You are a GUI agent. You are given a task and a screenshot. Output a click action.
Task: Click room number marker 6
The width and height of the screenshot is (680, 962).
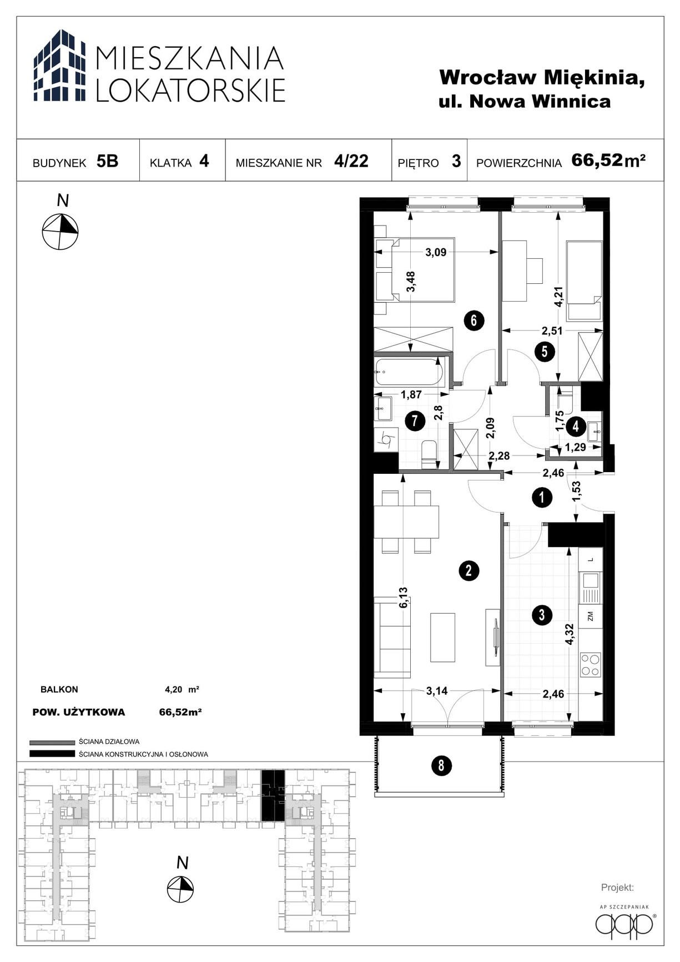474,320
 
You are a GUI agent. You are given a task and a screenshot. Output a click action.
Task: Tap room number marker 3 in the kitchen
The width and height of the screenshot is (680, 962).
541,615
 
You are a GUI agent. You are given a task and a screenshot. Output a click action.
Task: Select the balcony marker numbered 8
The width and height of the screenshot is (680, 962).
441,766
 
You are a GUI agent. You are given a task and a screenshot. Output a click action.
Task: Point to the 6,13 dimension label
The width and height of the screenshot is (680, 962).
404,597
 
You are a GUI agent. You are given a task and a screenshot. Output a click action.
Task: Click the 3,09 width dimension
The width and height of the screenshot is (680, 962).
436,253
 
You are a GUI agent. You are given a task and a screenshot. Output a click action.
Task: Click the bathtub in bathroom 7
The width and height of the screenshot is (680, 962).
410,372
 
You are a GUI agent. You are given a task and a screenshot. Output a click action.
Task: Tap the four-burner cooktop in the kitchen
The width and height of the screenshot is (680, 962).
590,664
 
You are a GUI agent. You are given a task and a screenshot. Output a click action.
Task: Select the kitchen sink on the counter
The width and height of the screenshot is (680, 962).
590,587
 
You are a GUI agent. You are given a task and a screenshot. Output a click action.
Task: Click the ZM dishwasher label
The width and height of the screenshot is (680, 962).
590,615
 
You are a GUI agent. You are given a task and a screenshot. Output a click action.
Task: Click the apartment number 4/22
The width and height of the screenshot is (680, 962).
351,161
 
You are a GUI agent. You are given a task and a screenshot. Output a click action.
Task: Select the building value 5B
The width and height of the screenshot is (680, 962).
107,161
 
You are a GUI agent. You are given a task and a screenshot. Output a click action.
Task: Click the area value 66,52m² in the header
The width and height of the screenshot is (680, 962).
608,161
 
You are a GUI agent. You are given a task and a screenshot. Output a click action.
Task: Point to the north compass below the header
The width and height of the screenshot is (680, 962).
61,231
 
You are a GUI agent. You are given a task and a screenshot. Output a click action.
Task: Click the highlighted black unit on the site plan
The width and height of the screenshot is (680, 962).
273,796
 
